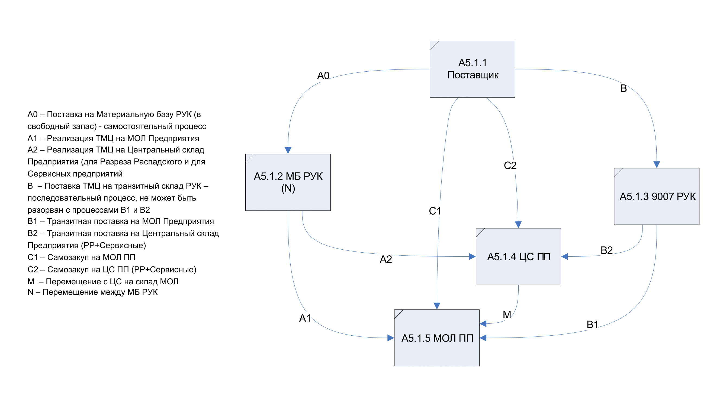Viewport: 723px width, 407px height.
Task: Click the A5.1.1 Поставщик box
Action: coord(472,69)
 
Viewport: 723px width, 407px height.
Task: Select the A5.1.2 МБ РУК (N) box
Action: coord(288,182)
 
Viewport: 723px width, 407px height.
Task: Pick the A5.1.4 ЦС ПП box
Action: coord(518,256)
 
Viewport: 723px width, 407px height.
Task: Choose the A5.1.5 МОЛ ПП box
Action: coord(437,338)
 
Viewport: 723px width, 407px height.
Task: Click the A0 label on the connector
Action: coord(323,75)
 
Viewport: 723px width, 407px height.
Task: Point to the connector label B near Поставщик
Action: coord(623,88)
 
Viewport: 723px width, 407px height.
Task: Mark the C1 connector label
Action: coord(435,211)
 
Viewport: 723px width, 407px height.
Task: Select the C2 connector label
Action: coord(510,166)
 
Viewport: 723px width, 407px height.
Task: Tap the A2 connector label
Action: coord(386,259)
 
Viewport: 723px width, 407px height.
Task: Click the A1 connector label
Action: coord(305,318)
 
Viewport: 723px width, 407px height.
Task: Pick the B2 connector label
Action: coord(606,250)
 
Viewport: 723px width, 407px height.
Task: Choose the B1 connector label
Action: coord(592,325)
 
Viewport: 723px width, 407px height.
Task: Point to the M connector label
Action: coord(507,314)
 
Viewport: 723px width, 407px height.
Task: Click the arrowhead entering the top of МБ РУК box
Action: coord(288,150)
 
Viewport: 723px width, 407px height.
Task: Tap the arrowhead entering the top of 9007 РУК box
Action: coord(657,165)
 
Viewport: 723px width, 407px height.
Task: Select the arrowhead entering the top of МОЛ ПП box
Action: coord(437,306)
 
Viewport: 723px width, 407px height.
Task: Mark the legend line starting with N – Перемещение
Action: coord(93,292)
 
